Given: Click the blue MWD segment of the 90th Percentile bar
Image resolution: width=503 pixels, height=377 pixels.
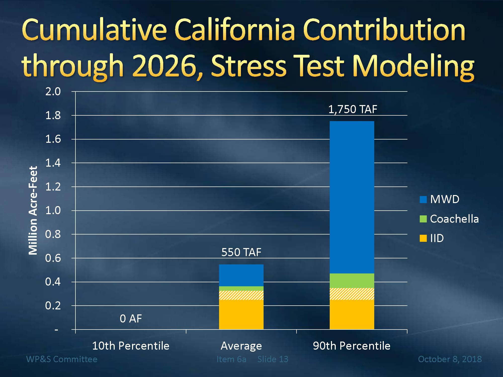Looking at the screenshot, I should (352, 197).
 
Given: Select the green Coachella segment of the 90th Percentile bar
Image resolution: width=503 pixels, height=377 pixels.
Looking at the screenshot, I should (352, 280).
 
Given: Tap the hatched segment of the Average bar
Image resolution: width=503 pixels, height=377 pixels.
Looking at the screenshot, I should (241, 295).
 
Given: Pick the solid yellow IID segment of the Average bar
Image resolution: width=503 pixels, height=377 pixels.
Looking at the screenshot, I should (241, 314).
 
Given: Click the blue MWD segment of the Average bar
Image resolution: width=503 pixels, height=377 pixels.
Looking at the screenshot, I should (241, 275).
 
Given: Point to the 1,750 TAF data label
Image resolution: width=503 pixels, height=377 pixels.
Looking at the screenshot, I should (353, 109).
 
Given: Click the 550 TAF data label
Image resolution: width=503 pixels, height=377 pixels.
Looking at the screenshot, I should (241, 252).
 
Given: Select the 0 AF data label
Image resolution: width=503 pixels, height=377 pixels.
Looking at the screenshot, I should (131, 319).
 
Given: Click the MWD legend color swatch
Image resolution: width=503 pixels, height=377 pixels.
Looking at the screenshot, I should (423, 200).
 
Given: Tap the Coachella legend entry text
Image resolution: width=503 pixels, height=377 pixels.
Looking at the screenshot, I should (454, 219).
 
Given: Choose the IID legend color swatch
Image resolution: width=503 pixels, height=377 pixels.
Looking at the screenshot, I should (423, 238).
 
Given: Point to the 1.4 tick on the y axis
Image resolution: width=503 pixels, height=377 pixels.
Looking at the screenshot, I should (53, 163).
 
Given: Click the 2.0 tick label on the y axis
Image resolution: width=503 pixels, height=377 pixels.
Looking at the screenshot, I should (53, 91).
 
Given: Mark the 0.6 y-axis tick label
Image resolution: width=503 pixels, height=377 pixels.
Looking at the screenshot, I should (53, 258).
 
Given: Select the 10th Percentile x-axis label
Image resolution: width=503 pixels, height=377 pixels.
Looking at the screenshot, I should (131, 346).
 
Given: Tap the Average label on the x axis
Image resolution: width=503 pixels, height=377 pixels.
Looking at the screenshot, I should (241, 346).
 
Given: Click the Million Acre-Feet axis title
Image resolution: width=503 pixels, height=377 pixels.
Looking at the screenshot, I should (33, 210).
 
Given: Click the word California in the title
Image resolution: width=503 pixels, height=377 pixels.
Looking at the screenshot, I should (235, 30).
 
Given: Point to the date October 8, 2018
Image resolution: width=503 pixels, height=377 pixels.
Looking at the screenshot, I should (450, 359).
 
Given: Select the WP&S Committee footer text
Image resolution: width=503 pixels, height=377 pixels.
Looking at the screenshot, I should (62, 359).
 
